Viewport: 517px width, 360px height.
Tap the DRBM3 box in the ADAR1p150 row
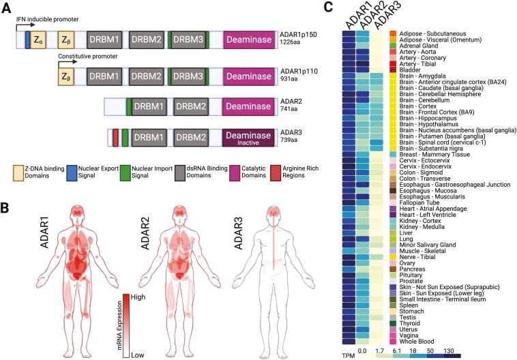point(188,40)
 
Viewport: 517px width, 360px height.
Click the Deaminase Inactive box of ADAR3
point(250,138)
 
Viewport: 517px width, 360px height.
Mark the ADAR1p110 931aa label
point(304,76)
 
